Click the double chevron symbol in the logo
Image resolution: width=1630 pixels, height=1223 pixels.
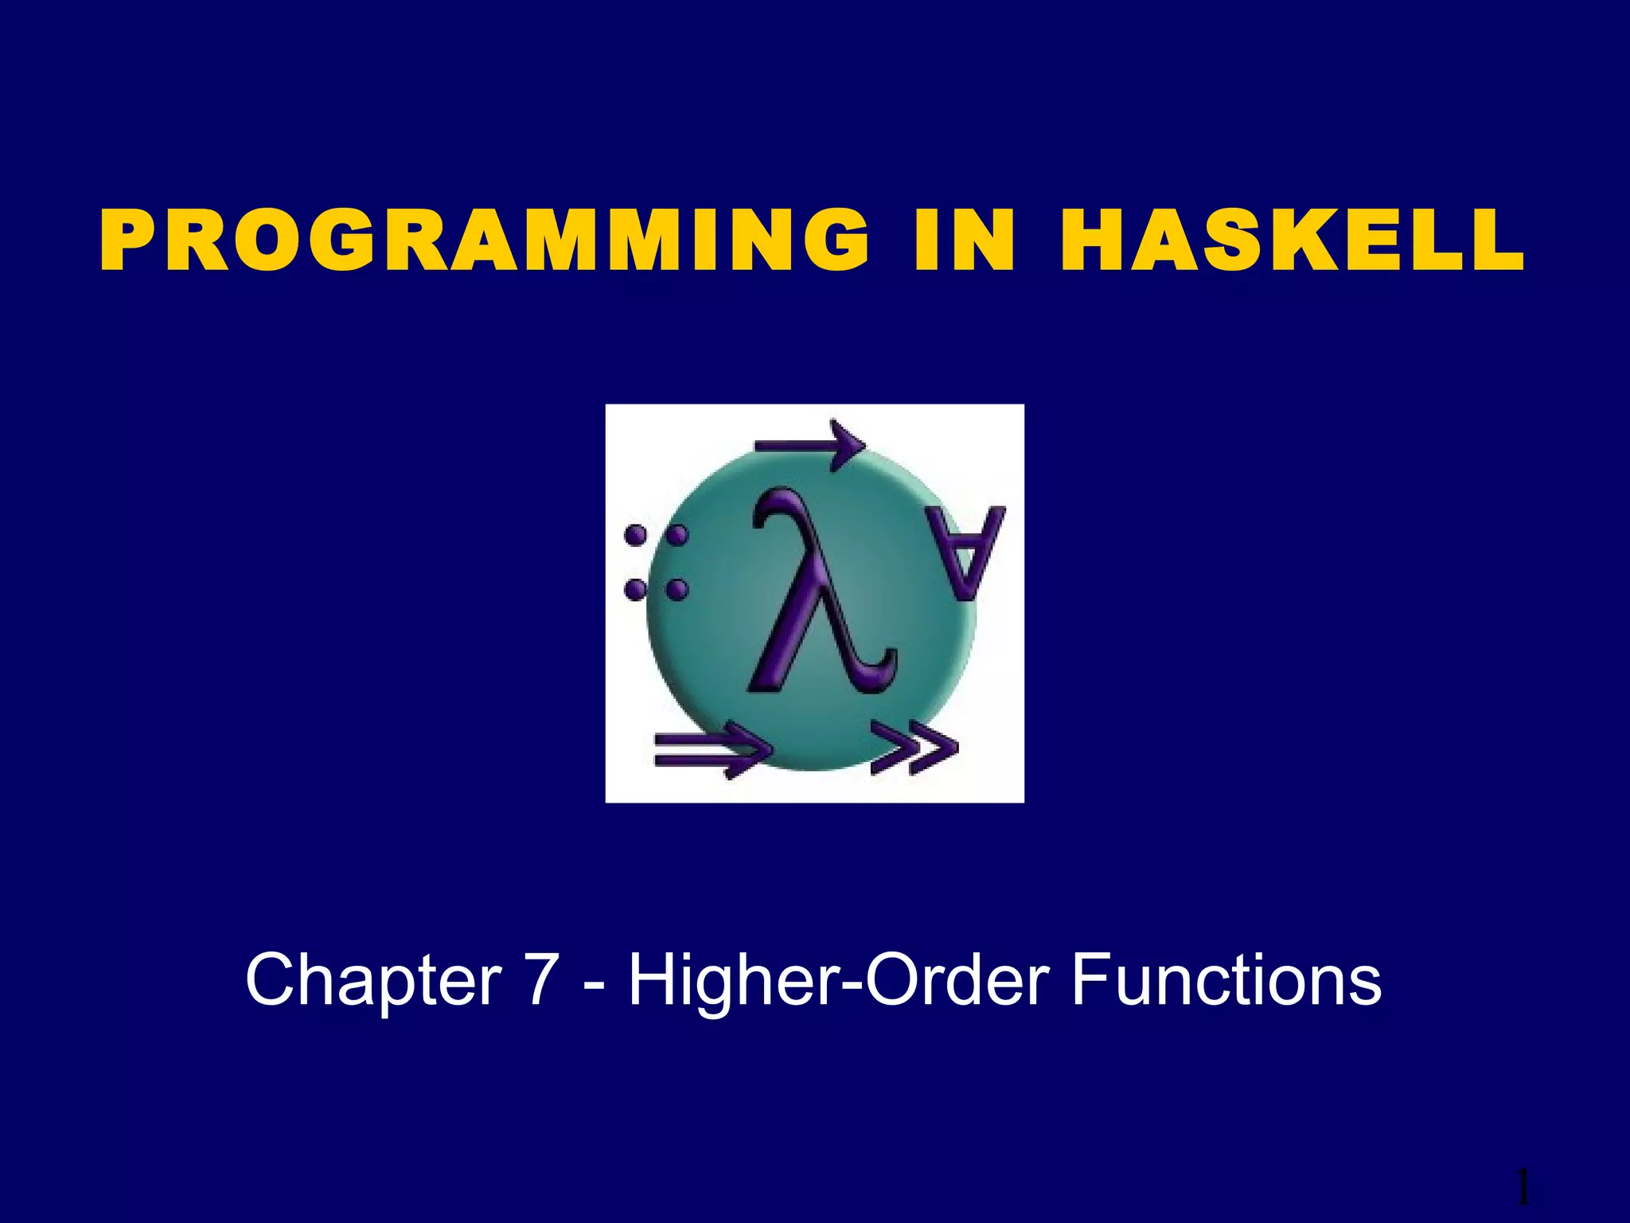[x=913, y=748]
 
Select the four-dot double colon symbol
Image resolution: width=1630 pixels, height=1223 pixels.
[x=656, y=562]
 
